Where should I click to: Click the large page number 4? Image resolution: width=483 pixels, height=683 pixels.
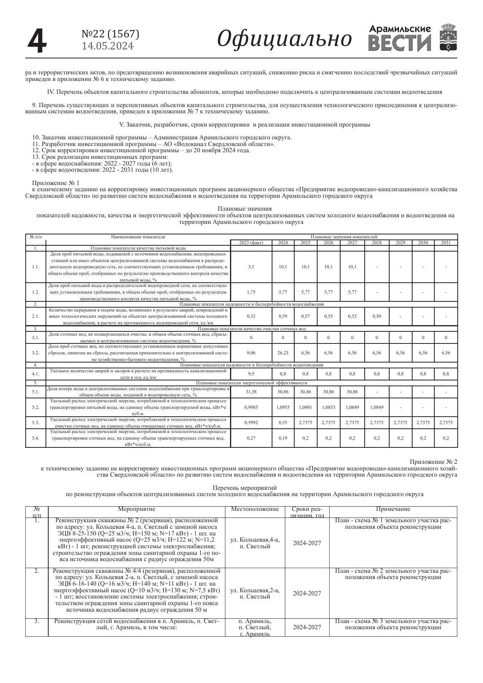37,40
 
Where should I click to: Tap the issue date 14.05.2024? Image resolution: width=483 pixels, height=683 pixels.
107,46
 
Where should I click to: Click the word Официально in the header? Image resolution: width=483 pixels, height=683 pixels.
284,39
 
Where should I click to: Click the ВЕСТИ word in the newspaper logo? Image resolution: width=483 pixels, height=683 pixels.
400,43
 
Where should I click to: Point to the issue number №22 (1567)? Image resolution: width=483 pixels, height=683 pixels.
110,34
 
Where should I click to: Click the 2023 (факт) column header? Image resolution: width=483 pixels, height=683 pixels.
251,243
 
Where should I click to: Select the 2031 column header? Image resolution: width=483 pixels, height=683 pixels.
446,243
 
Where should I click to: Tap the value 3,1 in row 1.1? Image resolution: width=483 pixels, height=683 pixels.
251,267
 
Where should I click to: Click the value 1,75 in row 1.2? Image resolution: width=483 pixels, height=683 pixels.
251,292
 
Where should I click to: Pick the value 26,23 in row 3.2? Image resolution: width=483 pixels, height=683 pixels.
283,353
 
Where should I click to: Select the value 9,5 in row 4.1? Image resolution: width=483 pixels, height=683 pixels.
251,374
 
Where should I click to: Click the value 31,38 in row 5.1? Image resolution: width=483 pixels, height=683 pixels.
251,392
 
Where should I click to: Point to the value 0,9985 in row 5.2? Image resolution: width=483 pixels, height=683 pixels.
251,407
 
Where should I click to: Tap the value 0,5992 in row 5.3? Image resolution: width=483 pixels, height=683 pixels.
251,422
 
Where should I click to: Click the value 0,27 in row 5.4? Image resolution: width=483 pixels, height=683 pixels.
251,438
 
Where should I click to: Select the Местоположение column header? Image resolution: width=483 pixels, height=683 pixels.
255,509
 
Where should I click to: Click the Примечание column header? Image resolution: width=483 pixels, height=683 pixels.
393,509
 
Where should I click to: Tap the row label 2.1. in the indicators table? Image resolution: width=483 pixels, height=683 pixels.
35,316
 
